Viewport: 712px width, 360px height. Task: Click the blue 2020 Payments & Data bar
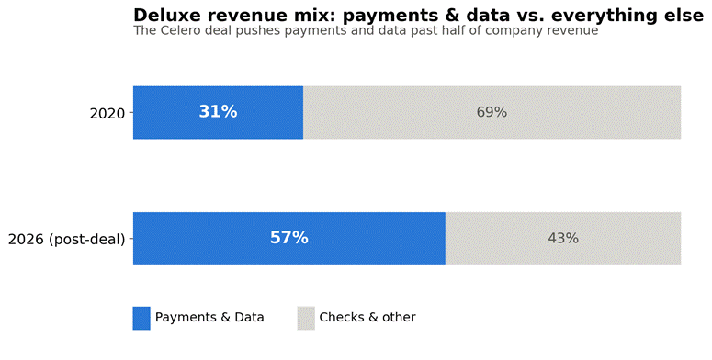tap(218, 112)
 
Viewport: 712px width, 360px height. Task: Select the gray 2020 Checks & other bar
tap(492, 112)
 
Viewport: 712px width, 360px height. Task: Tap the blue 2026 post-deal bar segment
tap(289, 239)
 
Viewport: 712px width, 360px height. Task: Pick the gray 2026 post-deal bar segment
tap(563, 239)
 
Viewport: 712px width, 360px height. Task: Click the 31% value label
tap(218, 112)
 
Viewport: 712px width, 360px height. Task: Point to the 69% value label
tap(492, 112)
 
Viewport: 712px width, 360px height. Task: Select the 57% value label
tap(289, 238)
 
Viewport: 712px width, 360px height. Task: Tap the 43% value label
tap(563, 239)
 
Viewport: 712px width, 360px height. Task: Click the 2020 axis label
tap(107, 114)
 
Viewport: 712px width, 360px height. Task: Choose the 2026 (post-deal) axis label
tap(67, 240)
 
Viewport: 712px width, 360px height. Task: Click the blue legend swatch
tap(141, 319)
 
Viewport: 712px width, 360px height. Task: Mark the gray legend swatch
tap(306, 319)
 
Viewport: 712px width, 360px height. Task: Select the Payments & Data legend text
tap(209, 318)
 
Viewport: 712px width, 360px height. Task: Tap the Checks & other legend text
tap(367, 318)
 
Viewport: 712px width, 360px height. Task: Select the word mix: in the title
tap(315, 16)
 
